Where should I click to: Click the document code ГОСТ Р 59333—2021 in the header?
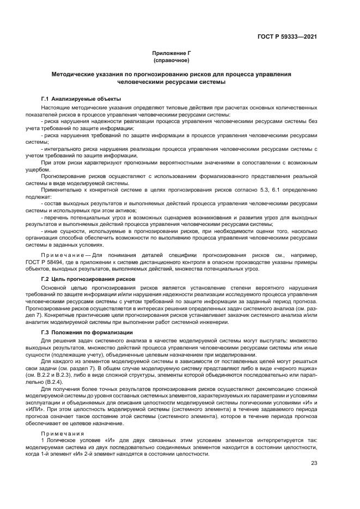coord(287,36)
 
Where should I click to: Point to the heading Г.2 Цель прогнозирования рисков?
coord(88,278)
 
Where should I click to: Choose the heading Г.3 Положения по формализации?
coord(87,332)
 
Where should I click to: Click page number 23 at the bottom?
coord(314,463)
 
